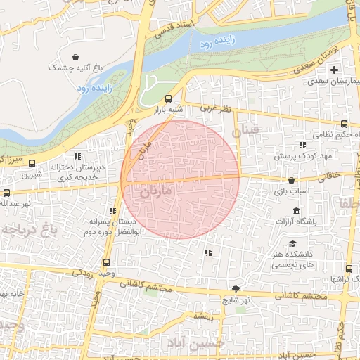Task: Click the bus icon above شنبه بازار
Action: (167, 99)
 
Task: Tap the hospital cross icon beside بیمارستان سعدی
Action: (335, 70)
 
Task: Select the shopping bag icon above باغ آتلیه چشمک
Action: (75, 56)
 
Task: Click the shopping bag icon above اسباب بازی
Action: (290, 181)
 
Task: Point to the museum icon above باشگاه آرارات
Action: (295, 212)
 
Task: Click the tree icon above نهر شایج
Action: (236, 289)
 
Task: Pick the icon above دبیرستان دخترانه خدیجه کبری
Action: (77, 155)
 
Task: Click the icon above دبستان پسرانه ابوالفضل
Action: (112, 210)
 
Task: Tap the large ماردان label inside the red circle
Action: (156, 191)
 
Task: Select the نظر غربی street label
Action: (215, 109)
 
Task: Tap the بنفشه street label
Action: (204, 317)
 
